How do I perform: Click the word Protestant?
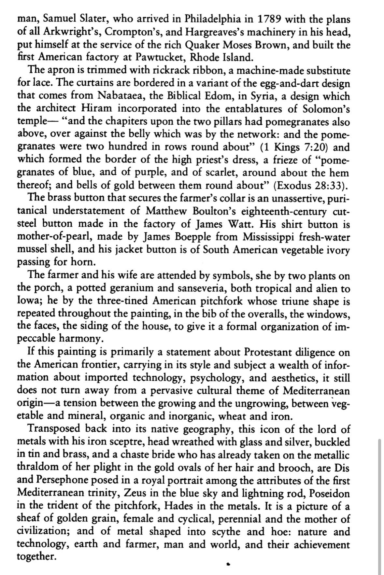tap(267, 352)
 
